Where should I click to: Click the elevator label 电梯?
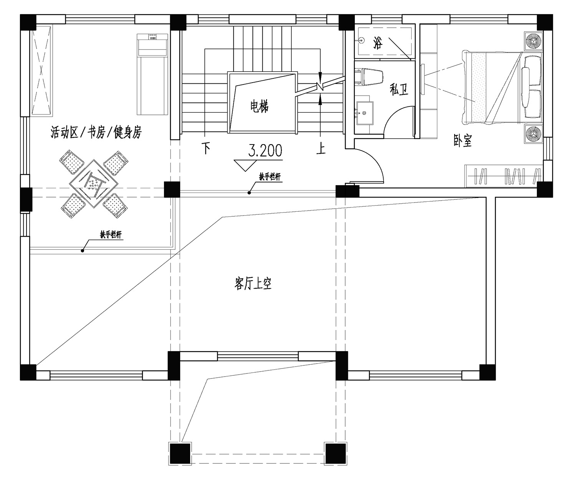click(x=259, y=106)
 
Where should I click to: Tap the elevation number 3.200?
click(x=265, y=151)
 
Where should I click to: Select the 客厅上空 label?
click(x=253, y=284)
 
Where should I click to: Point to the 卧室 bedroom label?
click(x=463, y=141)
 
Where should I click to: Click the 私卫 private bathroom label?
click(x=399, y=89)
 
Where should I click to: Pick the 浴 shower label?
click(x=378, y=43)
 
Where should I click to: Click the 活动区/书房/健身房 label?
click(x=96, y=132)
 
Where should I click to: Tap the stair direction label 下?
click(x=206, y=148)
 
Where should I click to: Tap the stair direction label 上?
click(x=321, y=148)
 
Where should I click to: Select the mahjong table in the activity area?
click(x=94, y=184)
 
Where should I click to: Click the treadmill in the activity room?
click(x=152, y=74)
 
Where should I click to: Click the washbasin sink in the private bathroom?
click(x=364, y=113)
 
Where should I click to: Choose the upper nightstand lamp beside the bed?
click(x=533, y=41)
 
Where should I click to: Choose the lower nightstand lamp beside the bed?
click(x=533, y=134)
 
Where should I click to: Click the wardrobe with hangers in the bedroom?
click(x=504, y=176)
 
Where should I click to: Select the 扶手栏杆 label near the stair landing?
click(x=270, y=177)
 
